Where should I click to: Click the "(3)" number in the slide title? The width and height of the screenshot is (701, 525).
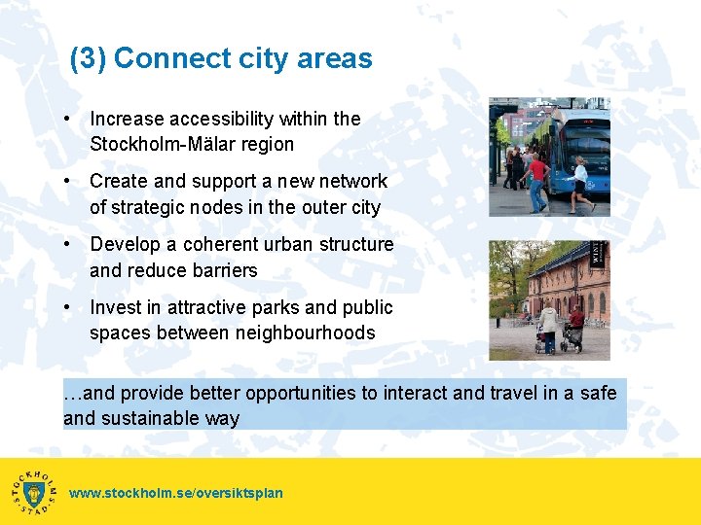coord(89,58)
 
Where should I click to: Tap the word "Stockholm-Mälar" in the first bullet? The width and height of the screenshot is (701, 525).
coord(155,144)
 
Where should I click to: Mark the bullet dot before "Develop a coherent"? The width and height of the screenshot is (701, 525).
coord(66,244)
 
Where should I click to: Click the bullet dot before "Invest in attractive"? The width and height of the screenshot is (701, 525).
coord(66,307)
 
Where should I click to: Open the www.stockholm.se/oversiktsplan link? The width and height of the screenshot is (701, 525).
coord(176,493)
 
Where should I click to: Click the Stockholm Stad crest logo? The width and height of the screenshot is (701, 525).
coord(34,492)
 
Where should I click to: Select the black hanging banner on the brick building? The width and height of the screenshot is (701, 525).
coord(598,256)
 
